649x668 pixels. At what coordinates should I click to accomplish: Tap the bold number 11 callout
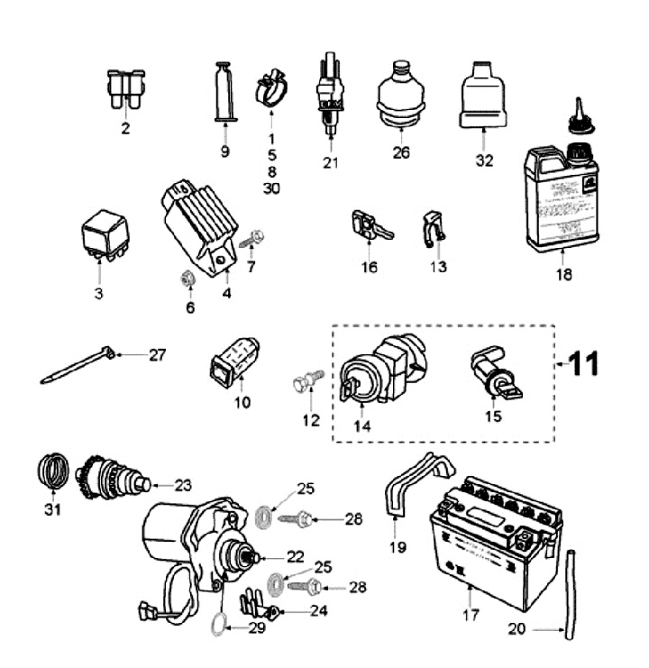[582, 364]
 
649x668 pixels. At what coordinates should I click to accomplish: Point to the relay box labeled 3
[104, 237]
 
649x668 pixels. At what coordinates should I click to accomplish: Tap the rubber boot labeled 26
[401, 96]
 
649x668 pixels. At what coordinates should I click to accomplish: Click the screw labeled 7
[251, 240]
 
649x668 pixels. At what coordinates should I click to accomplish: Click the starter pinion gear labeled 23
[109, 479]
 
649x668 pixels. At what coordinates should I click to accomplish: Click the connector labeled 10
[234, 369]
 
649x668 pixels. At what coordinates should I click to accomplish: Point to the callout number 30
[272, 188]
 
